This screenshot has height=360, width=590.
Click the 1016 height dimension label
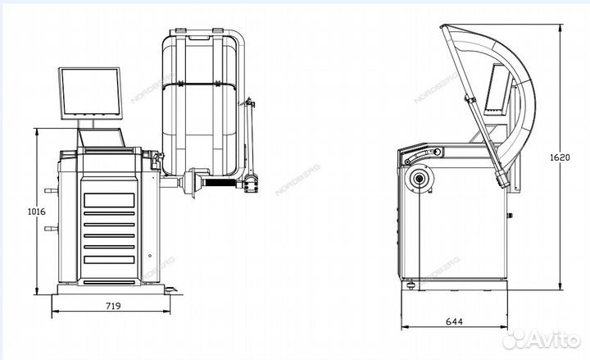(37, 212)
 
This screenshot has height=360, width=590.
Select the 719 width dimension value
(113, 306)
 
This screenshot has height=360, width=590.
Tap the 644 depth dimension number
(454, 321)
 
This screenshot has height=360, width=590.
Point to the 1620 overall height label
(560, 157)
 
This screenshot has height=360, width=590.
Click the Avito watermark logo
(541, 339)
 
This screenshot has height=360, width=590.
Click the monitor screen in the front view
(90, 93)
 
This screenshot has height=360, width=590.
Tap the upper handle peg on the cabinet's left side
(51, 191)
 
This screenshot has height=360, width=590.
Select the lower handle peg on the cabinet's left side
(51, 228)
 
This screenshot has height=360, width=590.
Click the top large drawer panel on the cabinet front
(109, 200)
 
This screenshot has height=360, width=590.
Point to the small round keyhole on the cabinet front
(150, 256)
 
